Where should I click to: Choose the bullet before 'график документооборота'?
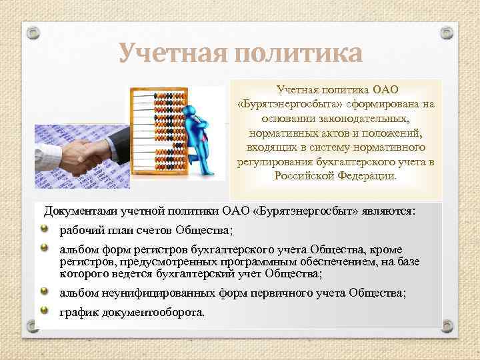click(x=45, y=311)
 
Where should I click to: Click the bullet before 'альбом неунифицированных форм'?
click(x=45, y=291)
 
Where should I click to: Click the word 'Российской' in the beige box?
click(x=306, y=176)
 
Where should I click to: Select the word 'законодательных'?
click(x=368, y=118)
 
